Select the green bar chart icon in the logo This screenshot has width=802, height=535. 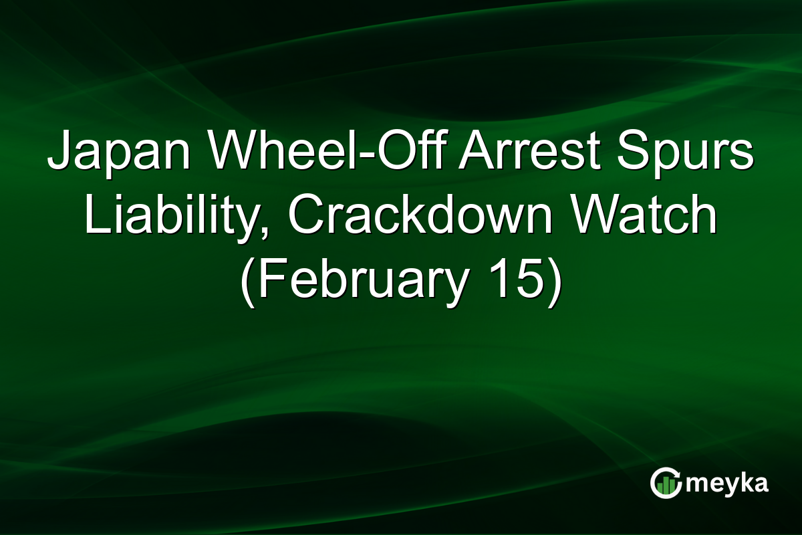tap(666, 485)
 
